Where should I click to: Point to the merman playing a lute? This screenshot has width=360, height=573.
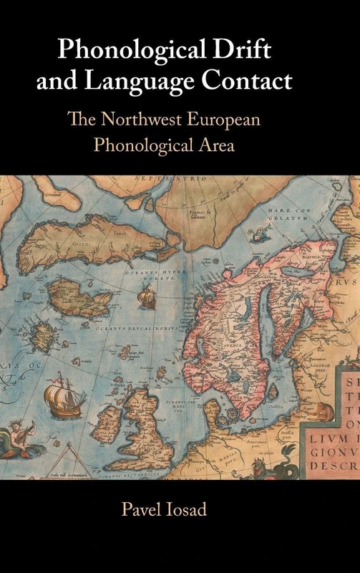pyautogui.click(x=21, y=430)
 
